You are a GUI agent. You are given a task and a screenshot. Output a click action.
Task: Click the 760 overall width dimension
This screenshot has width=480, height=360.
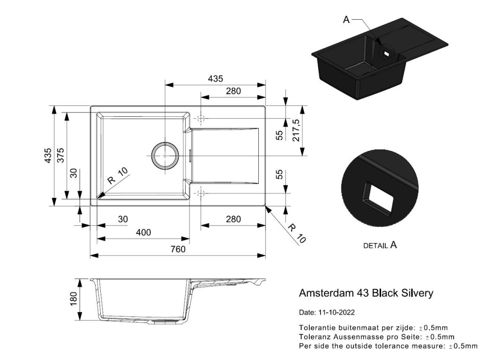point(178,249)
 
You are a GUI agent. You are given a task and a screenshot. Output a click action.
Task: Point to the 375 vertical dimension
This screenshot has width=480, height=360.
point(60,156)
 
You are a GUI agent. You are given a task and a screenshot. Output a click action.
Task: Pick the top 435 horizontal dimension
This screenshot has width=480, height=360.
point(216,79)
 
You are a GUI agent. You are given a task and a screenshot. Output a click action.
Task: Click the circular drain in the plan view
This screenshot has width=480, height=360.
point(165,155)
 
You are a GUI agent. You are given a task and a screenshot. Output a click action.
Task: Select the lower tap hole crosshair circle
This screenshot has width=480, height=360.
point(201,193)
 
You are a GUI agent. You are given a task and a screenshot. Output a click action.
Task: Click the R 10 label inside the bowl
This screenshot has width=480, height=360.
point(117,176)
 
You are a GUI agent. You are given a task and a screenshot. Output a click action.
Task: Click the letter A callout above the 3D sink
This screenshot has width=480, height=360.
point(346,19)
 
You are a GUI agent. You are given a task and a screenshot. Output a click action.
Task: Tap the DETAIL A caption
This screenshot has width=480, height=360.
point(380,245)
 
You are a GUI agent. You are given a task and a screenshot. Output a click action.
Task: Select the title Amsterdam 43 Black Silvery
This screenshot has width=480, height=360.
point(366,293)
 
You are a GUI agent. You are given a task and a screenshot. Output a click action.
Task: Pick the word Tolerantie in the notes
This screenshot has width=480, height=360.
point(316,327)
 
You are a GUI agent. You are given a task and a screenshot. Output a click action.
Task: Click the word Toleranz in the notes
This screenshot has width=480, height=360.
point(315,337)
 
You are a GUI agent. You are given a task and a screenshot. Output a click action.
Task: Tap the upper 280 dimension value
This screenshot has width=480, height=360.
point(233,91)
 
